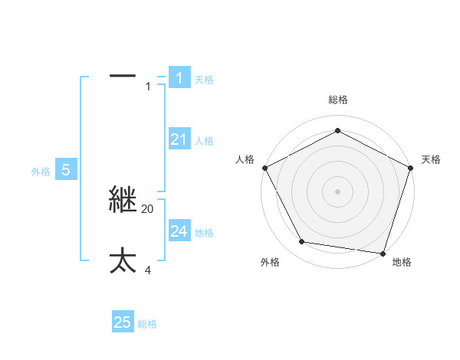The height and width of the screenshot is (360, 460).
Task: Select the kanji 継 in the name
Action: [123, 200]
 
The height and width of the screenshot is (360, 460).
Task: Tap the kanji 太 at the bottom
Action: [123, 260]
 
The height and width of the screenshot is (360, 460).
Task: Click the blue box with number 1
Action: [179, 77]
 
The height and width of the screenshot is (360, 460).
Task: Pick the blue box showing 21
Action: [179, 139]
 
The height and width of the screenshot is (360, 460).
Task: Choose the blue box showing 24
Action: [179, 231]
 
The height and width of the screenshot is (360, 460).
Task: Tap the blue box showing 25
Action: [123, 322]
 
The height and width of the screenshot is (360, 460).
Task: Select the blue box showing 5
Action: [66, 170]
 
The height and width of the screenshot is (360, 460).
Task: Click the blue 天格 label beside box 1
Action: [204, 80]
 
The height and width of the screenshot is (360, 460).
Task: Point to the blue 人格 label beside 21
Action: [204, 141]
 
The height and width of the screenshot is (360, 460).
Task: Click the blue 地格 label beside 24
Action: [204, 233]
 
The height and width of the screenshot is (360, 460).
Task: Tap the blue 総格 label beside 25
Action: [147, 325]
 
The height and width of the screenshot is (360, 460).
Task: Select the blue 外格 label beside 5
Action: [41, 172]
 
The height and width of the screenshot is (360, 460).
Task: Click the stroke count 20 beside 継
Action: [148, 209]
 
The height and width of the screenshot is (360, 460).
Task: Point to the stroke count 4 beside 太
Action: [149, 270]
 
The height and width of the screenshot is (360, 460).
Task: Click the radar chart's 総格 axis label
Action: [337, 100]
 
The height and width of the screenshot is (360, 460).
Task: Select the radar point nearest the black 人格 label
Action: [264, 168]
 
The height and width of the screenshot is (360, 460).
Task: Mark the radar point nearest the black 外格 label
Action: [302, 242]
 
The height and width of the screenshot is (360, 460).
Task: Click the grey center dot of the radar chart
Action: [337, 191]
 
